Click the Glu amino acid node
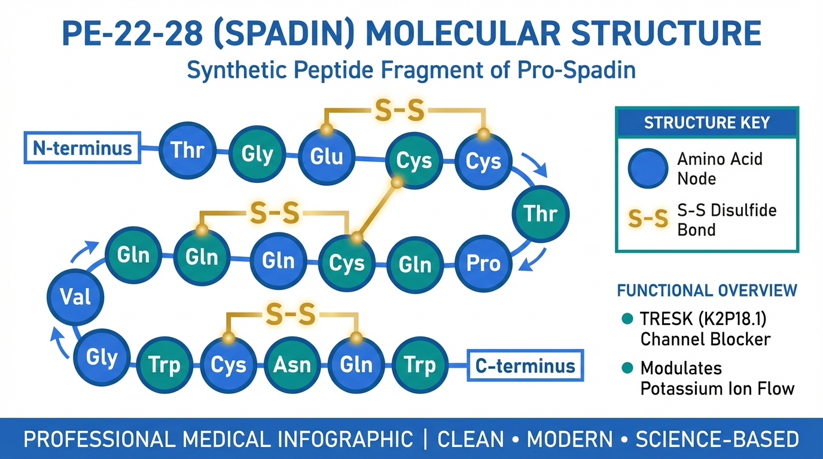click(327, 156)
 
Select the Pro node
click(483, 264)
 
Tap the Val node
click(75, 296)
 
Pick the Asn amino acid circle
click(292, 365)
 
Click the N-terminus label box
click(83, 148)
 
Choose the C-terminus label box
click(525, 365)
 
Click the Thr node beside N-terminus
click(188, 150)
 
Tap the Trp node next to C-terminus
click(420, 365)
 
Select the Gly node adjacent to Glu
click(257, 154)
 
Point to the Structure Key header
click(707, 123)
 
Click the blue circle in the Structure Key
click(648, 169)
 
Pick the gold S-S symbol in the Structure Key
click(648, 219)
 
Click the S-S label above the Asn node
click(291, 314)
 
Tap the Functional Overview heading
click(707, 290)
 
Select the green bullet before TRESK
click(627, 319)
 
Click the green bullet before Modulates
click(627, 368)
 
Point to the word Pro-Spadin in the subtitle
click(577, 70)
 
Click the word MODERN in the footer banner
click(570, 439)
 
